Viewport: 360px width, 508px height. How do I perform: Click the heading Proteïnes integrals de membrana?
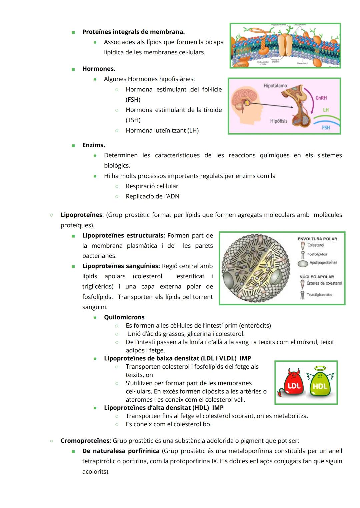(x=133, y=32)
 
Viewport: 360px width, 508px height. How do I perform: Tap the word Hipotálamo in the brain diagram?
(x=275, y=86)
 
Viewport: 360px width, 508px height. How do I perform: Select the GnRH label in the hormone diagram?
(x=321, y=98)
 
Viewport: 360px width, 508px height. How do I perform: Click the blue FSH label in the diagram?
(x=326, y=128)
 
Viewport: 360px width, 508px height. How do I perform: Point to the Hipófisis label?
(x=279, y=121)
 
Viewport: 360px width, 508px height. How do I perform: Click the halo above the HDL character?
(x=320, y=368)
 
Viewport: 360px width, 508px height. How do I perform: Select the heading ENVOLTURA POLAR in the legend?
(x=317, y=239)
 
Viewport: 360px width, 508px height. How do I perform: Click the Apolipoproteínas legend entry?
(x=323, y=263)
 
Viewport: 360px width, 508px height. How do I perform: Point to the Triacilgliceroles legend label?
(x=319, y=295)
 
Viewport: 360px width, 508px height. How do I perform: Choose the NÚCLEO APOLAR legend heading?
(x=316, y=277)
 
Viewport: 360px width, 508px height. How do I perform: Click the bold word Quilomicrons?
(x=124, y=317)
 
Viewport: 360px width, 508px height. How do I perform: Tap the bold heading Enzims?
(x=93, y=145)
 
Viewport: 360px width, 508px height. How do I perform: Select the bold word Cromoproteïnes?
(x=86, y=441)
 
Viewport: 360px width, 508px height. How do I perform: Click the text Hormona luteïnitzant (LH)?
(x=162, y=131)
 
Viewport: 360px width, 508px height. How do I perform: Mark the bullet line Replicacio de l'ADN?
(x=152, y=196)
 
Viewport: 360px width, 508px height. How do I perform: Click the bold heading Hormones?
(x=99, y=69)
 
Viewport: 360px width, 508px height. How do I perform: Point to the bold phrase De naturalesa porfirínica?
(x=121, y=451)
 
